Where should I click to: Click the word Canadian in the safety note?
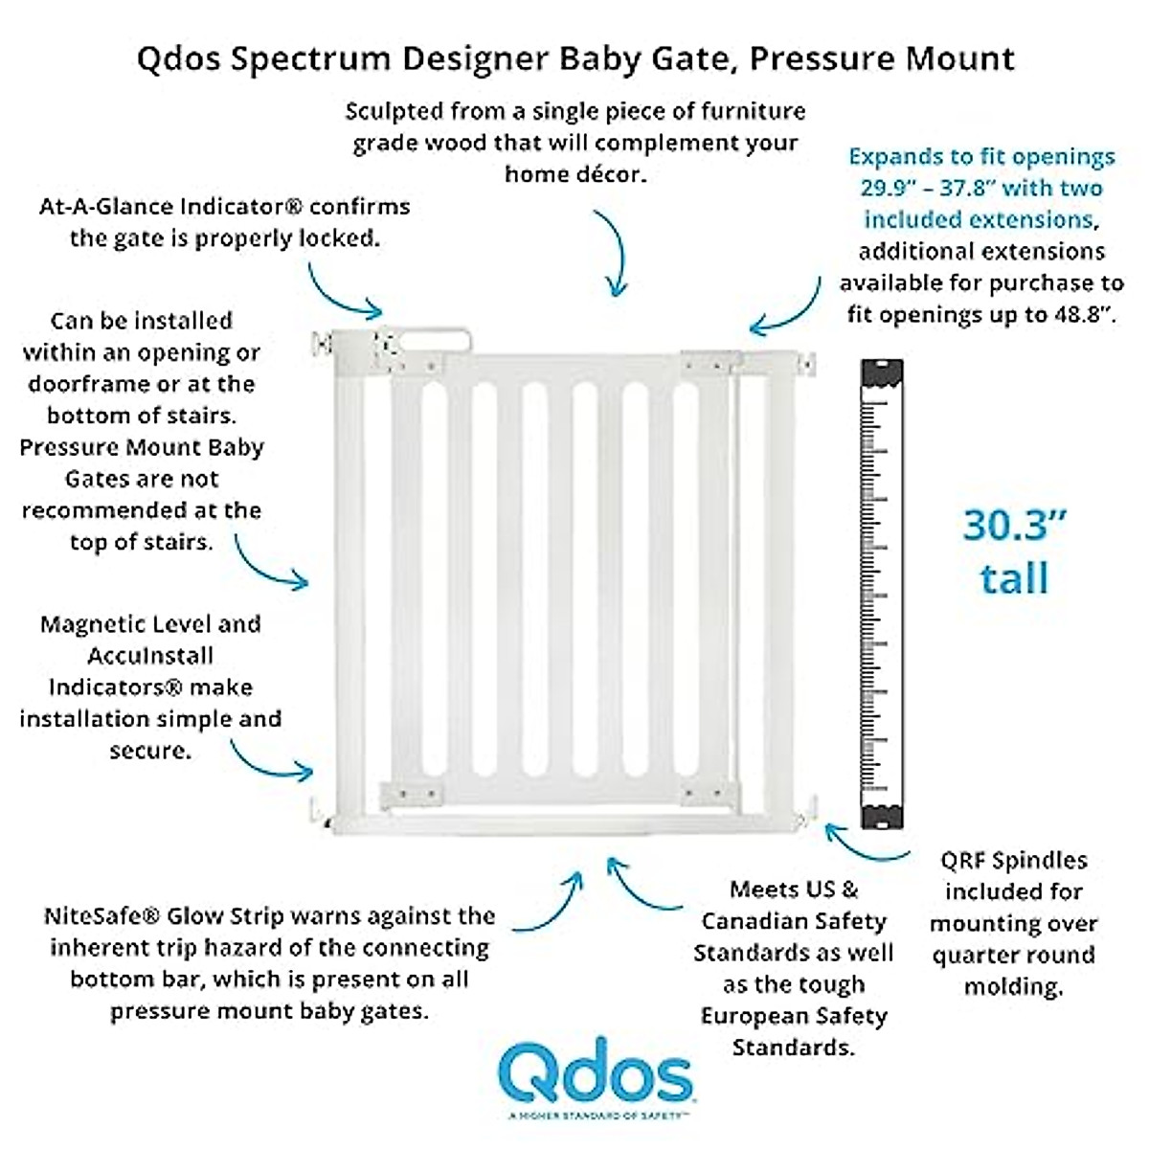click(x=794, y=921)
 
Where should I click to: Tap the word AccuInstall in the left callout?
click(x=150, y=656)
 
